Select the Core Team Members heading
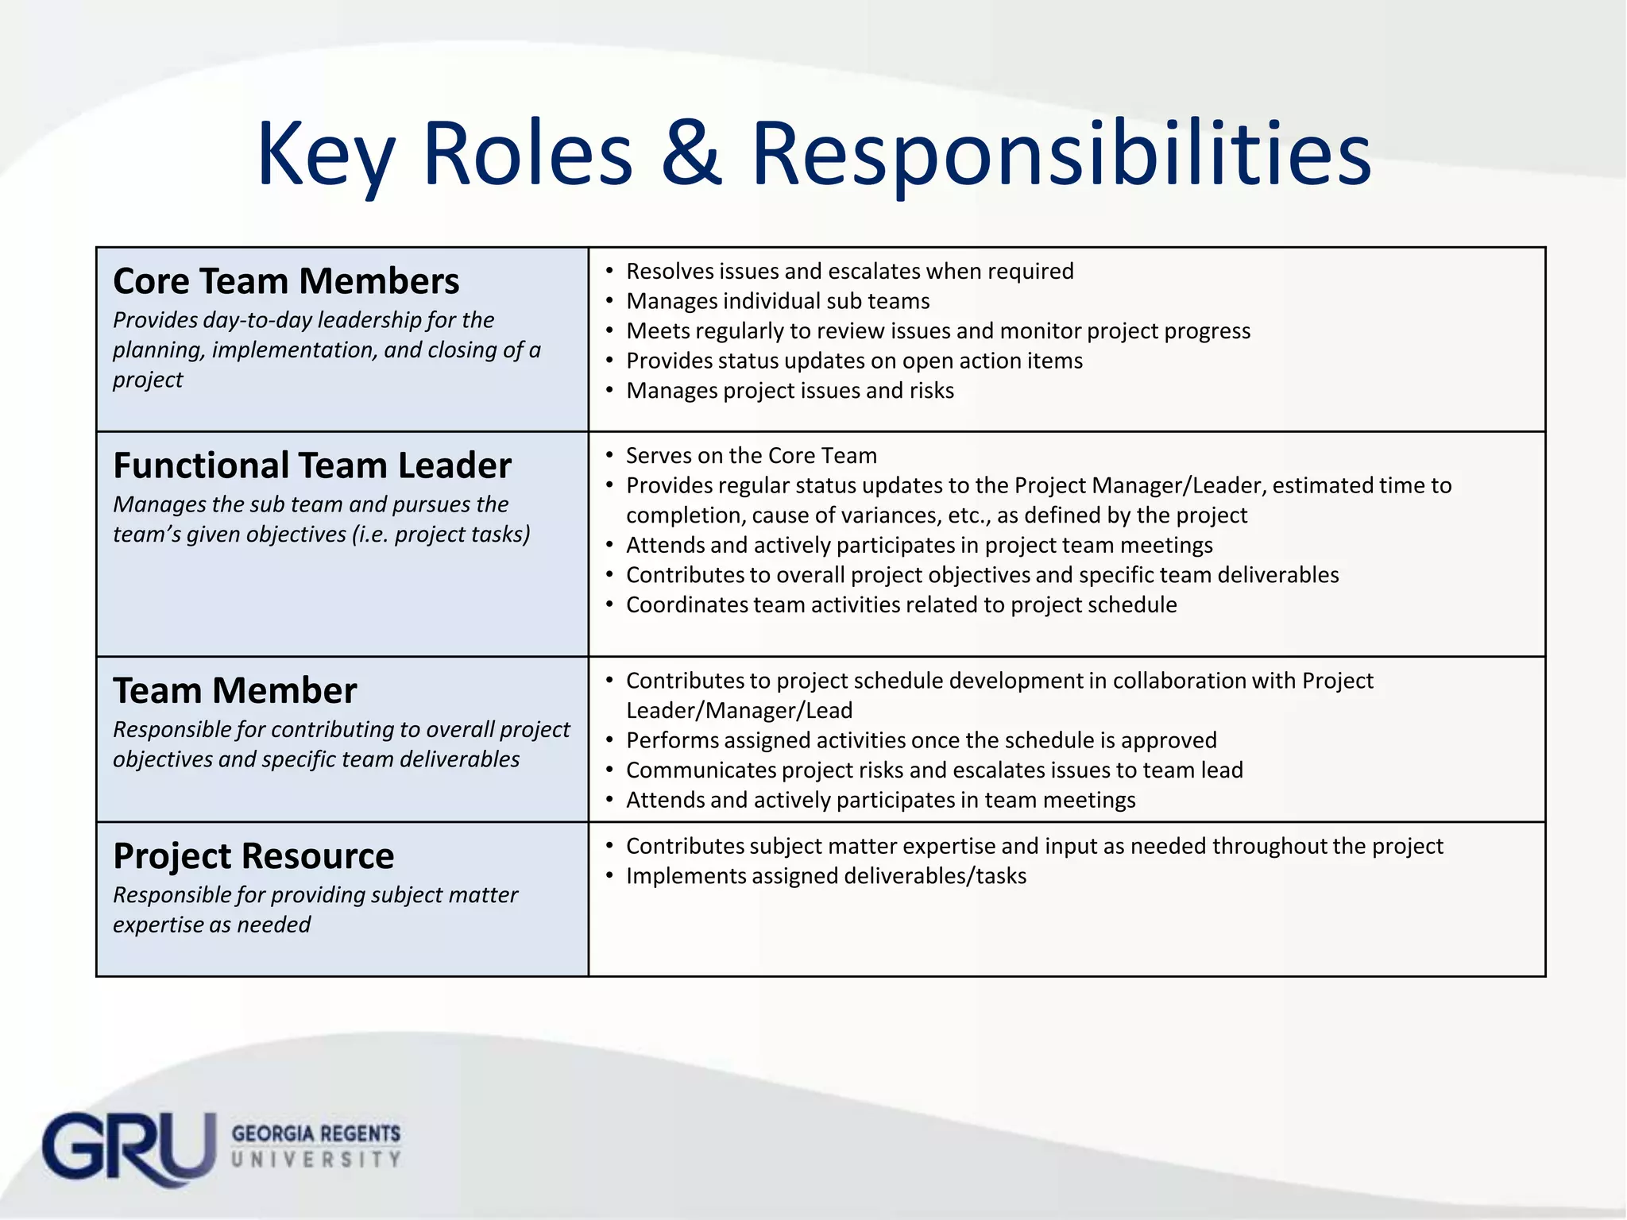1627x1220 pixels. coord(286,281)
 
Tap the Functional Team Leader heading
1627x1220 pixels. coord(312,465)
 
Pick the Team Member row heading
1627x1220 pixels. coord(235,691)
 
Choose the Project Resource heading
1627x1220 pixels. coord(253,856)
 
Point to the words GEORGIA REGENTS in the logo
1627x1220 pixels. coord(316,1133)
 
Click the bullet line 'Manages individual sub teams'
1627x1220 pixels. coord(778,301)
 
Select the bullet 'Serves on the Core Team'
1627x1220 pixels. coord(751,455)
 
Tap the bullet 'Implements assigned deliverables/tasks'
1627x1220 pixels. coord(826,875)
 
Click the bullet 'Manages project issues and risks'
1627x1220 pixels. coord(790,390)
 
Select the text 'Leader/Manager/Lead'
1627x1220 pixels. coord(739,710)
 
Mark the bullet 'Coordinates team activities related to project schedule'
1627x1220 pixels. coord(901,604)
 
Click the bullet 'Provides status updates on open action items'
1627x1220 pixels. coord(854,361)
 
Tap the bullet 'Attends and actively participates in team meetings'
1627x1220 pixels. coord(880,799)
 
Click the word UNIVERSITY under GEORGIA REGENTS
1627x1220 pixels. coord(316,1160)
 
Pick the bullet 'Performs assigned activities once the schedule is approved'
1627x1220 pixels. coord(921,740)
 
